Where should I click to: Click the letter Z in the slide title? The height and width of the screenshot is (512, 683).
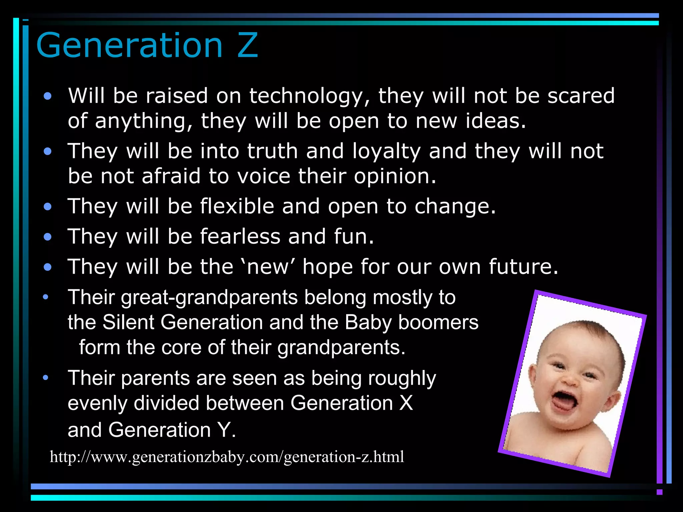tap(247, 46)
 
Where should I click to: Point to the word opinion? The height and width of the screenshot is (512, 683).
tap(395, 177)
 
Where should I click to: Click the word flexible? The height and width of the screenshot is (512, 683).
tap(237, 206)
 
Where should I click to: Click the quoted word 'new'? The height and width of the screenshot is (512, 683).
tap(267, 267)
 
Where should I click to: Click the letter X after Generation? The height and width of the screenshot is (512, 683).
tap(406, 403)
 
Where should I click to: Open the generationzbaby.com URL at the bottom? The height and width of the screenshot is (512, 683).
tap(227, 457)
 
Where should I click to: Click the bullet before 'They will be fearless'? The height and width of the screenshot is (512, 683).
tap(48, 237)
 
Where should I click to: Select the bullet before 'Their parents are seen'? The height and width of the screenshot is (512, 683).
tap(46, 378)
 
